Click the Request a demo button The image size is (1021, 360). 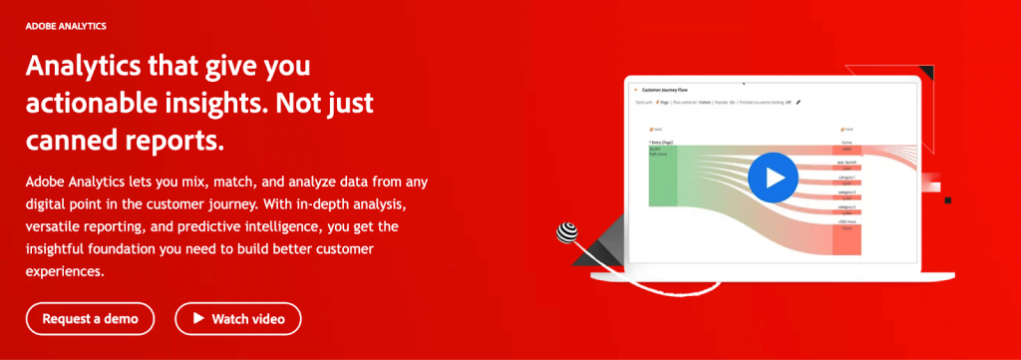click(x=91, y=319)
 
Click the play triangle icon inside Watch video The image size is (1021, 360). click(x=195, y=319)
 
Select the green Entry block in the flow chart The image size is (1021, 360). click(x=663, y=176)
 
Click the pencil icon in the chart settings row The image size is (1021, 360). click(x=799, y=102)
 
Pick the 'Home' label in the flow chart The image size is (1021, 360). click(x=847, y=144)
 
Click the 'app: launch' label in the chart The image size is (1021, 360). click(x=847, y=161)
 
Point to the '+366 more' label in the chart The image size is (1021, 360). click(x=847, y=220)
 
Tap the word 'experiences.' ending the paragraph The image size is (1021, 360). click(x=66, y=270)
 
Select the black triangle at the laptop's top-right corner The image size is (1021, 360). click(x=926, y=72)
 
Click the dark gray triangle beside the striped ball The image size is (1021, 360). click(x=598, y=241)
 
